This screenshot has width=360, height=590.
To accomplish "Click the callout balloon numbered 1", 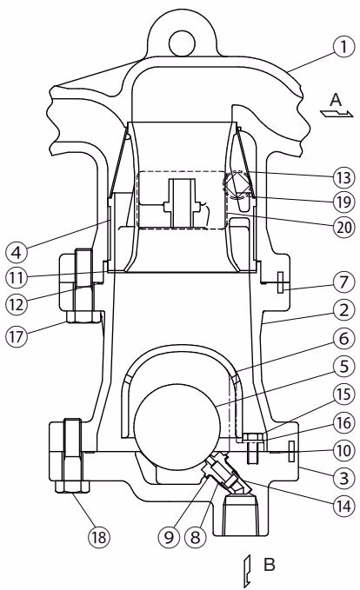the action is coord(343,47).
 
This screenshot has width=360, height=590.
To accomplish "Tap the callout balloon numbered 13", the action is coord(343,177).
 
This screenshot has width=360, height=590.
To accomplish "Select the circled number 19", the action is coord(343,202).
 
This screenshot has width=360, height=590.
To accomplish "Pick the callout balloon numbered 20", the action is coord(343,227).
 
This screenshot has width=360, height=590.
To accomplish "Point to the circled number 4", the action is coord(17,252).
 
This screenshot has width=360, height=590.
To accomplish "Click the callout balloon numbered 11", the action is coord(17,278).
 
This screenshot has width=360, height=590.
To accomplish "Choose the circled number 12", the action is coord(17,304).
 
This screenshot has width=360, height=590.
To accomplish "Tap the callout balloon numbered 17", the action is coord(17,336).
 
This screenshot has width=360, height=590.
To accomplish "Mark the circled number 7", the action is coord(343,282).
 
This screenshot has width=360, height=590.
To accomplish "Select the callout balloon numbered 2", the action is coord(343,310).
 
